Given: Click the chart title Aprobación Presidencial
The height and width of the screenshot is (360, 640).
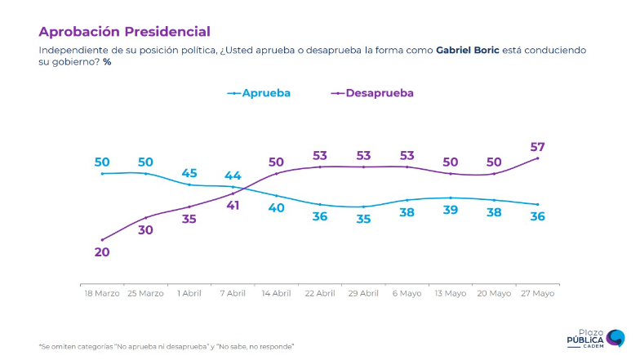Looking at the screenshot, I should pyautogui.click(x=124, y=32).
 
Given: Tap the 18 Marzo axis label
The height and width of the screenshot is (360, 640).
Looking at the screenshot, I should pyautogui.click(x=101, y=292).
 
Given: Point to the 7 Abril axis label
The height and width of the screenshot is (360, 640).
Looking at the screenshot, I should pyautogui.click(x=233, y=292).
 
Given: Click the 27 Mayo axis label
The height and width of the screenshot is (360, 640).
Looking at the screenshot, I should pyautogui.click(x=537, y=292).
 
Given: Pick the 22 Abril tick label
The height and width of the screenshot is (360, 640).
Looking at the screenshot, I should pyautogui.click(x=319, y=292).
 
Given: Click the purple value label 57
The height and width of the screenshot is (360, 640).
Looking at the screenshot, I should pyautogui.click(x=537, y=147).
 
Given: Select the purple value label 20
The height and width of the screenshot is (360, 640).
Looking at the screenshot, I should pyautogui.click(x=102, y=252).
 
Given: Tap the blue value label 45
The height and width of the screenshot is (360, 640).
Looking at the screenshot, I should pyautogui.click(x=189, y=173).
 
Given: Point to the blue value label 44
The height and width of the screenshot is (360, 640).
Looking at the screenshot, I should pyautogui.click(x=233, y=176).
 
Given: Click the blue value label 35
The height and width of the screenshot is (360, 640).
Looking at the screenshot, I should pyautogui.click(x=363, y=219).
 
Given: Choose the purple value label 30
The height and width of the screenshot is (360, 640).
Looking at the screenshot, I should pyautogui.click(x=145, y=230).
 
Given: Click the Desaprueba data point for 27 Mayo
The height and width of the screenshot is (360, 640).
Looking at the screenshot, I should pyautogui.click(x=537, y=158).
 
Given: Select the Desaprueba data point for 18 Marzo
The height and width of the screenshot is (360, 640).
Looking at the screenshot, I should pyautogui.click(x=102, y=240).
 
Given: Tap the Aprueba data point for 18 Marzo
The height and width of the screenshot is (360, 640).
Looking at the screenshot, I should pyautogui.click(x=102, y=173).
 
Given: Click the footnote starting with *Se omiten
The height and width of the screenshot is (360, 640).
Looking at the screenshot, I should pyautogui.click(x=167, y=346).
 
